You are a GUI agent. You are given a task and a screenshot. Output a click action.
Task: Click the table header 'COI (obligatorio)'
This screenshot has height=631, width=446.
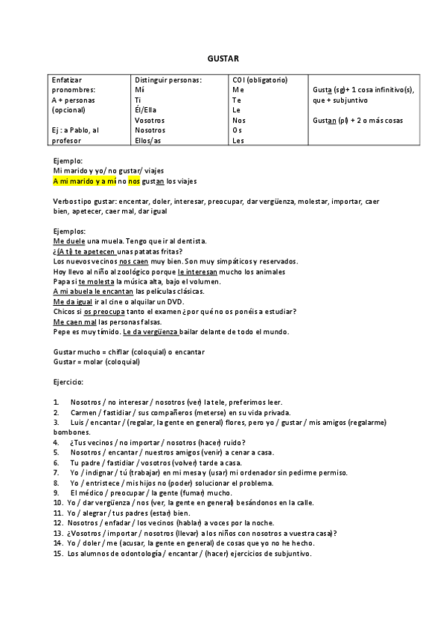point(260,80)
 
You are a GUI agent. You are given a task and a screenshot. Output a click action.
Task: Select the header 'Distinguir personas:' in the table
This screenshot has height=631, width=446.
point(168,80)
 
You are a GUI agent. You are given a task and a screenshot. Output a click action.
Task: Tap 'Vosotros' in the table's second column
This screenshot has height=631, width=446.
point(150,120)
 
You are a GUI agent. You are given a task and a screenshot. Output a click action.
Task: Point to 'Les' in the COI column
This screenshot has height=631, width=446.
point(238,140)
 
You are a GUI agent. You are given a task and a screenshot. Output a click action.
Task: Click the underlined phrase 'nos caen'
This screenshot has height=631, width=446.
point(133,261)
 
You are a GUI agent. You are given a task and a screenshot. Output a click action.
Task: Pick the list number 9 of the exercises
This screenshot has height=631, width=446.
point(57,493)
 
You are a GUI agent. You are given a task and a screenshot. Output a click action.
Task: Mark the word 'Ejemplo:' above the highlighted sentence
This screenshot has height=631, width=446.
point(68,161)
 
